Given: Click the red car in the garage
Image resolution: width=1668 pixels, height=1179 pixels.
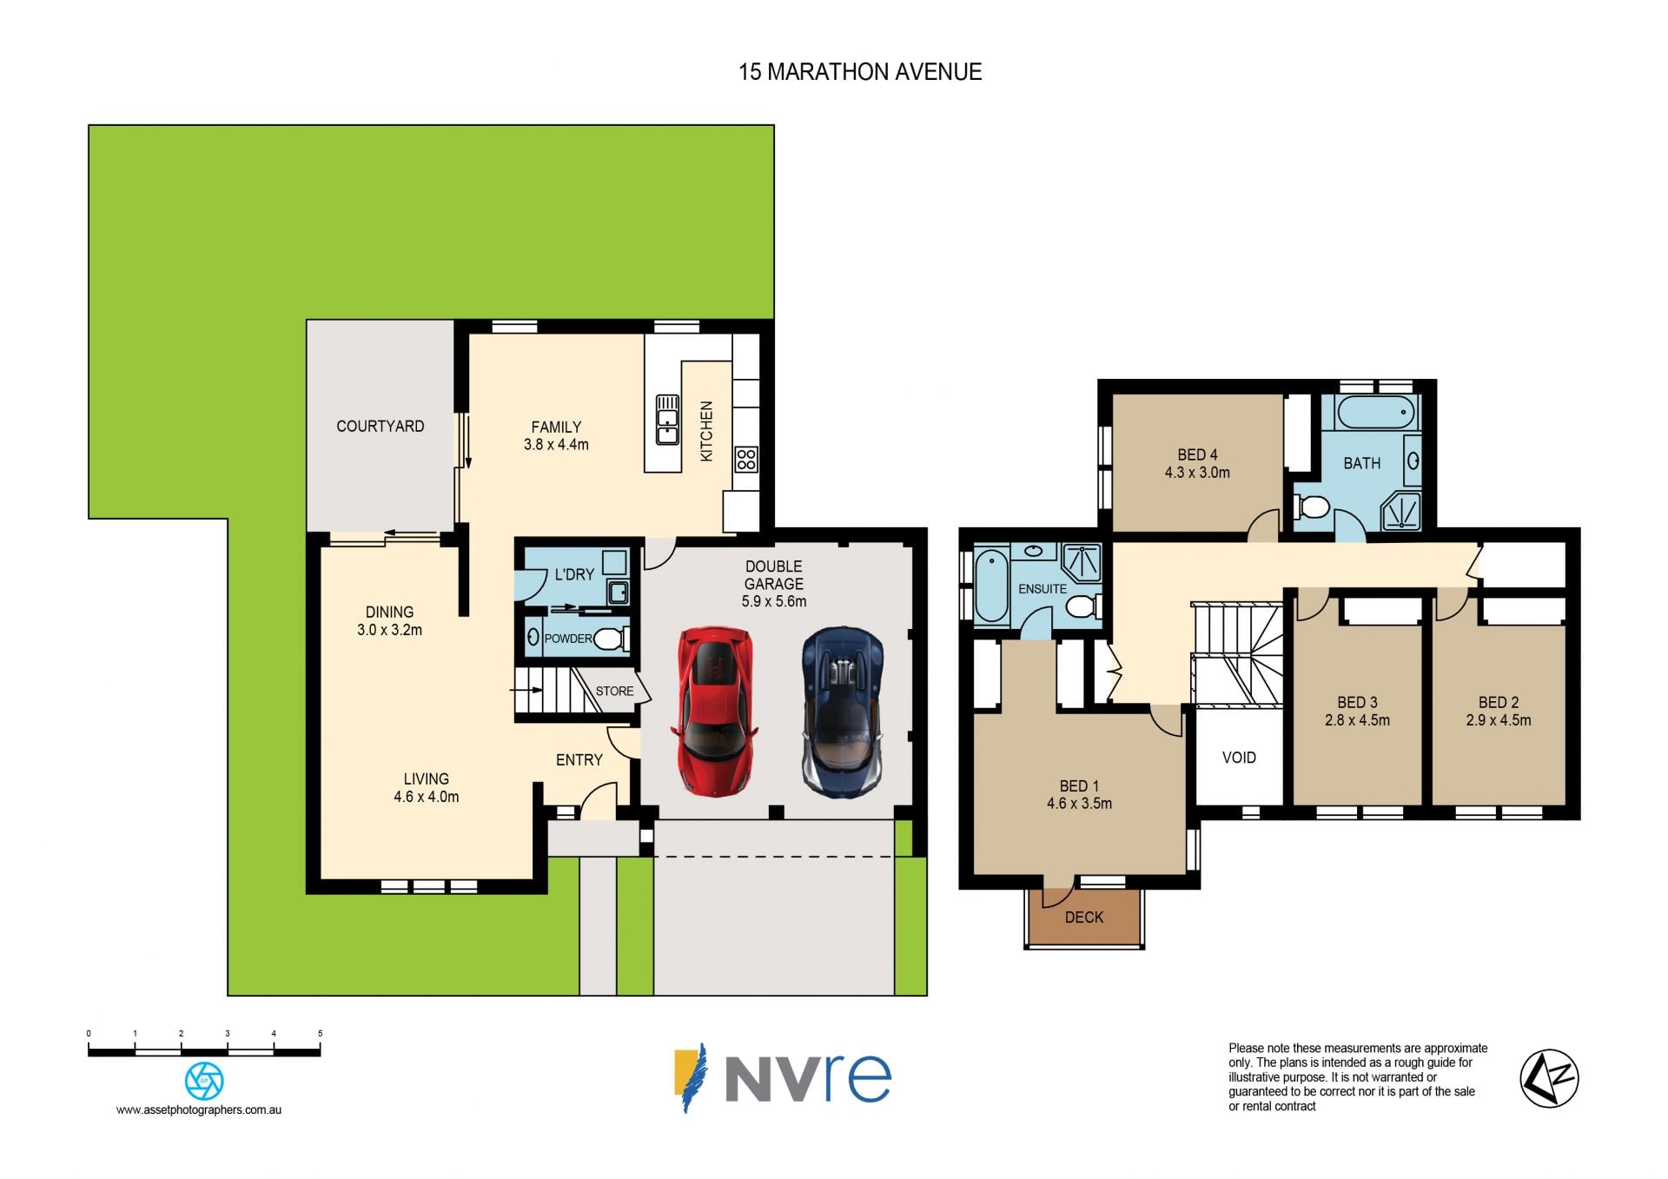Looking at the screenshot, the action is tap(713, 711).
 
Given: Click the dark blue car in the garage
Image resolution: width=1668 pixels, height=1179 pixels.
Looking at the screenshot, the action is tap(843, 712).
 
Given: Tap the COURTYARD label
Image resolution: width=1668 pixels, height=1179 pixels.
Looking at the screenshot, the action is tap(381, 426).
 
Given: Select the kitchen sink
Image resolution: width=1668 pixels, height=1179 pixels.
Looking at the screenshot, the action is tap(667, 420).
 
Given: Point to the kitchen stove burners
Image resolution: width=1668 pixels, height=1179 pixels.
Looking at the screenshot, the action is tap(746, 459).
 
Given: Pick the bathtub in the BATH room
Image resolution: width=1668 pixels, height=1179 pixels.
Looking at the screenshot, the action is tap(1376, 412).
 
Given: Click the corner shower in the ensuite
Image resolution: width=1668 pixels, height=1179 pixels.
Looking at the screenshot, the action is tap(1082, 562).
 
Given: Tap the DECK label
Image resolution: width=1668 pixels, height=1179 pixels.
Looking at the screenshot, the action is tap(1084, 917).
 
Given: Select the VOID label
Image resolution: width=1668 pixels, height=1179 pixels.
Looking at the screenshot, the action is tap(1239, 758).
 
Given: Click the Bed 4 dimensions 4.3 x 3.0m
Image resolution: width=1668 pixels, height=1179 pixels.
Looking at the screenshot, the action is tap(1197, 473).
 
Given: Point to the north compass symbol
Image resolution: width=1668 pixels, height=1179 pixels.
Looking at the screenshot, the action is tap(1549, 1078).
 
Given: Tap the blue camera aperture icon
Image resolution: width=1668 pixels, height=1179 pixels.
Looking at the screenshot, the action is tap(204, 1081).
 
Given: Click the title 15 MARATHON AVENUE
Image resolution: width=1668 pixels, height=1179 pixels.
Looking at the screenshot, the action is tap(860, 72).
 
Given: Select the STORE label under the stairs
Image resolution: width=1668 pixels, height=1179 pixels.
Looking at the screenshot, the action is tap(614, 692).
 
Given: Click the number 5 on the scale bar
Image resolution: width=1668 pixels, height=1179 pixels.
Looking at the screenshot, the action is tap(320, 1033).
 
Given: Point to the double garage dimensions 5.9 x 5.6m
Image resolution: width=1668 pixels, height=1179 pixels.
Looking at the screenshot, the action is tap(774, 601).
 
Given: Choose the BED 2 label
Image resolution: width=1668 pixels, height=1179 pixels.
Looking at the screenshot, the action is tap(1499, 702).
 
